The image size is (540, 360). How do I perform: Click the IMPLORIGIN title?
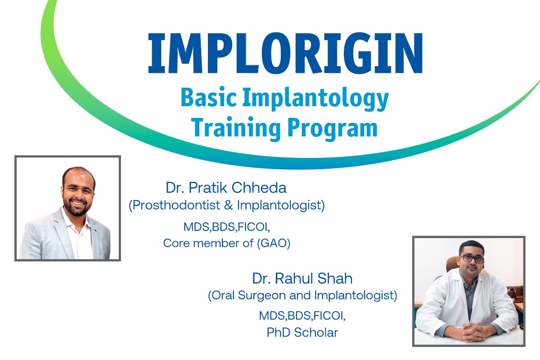(x=285, y=53)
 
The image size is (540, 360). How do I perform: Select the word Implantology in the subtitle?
(x=315, y=99)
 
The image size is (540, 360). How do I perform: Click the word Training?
(x=236, y=128)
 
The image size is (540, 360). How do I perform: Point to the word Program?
(x=333, y=129)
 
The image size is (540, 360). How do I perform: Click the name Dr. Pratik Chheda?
(x=226, y=187)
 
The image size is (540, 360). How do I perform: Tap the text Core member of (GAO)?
(x=227, y=243)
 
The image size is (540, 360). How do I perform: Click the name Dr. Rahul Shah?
(x=302, y=278)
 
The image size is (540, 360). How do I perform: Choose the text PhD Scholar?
(x=302, y=333)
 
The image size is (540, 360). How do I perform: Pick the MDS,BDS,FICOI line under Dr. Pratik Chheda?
(x=227, y=227)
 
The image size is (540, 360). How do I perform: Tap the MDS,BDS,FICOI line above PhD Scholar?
(x=302, y=315)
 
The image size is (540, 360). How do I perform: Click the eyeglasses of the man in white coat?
(x=472, y=259)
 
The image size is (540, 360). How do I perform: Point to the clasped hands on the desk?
(x=470, y=332)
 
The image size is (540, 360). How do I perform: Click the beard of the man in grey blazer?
(x=77, y=207)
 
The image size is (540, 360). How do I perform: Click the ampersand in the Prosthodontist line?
(x=228, y=205)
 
